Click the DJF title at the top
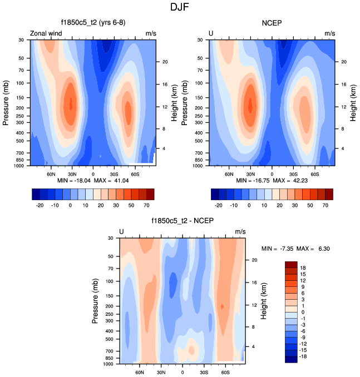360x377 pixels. [x=180, y=8]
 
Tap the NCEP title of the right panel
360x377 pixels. [x=272, y=23]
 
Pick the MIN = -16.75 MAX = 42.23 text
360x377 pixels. [x=272, y=181]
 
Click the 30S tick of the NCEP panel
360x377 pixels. [x=293, y=173]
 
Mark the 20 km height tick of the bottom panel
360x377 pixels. [x=254, y=260]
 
